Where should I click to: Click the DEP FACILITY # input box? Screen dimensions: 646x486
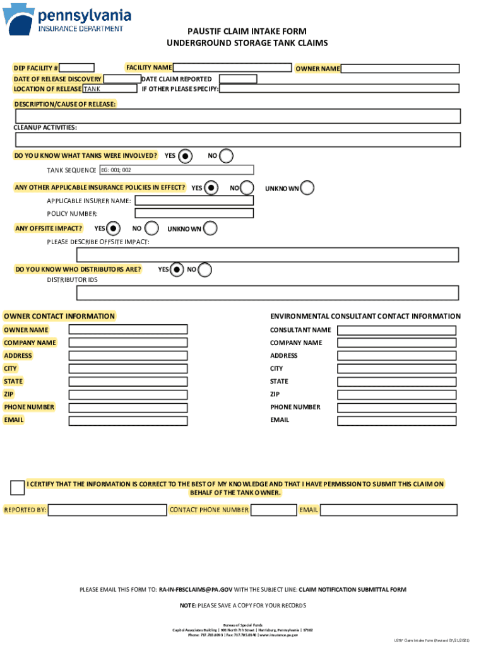point(77,68)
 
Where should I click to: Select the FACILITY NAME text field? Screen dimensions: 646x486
point(233,68)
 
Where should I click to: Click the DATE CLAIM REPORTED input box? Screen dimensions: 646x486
point(237,79)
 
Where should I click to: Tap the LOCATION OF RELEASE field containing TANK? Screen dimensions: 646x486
point(109,89)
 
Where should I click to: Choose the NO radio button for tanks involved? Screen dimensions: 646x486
point(226,156)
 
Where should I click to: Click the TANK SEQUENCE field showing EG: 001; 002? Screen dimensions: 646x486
point(176,170)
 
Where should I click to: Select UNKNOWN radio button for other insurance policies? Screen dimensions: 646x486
point(307,188)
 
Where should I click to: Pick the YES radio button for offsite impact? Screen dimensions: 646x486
point(114,228)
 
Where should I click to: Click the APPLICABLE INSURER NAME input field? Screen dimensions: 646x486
point(194,201)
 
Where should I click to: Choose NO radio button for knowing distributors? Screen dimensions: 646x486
point(204,270)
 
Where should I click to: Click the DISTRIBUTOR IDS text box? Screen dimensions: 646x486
point(267,293)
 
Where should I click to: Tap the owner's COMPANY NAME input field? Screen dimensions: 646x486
point(127,343)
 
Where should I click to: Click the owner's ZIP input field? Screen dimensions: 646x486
point(127,394)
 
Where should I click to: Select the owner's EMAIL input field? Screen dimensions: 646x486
point(127,420)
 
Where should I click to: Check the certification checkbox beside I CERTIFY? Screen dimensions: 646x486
point(18,487)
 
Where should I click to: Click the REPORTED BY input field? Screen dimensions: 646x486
point(107,510)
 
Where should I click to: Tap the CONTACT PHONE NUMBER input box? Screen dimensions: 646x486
point(273,510)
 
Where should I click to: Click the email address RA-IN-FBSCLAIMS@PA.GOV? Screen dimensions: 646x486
point(196,590)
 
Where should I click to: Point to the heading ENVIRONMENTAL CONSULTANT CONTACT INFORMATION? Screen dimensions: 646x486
point(365,317)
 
